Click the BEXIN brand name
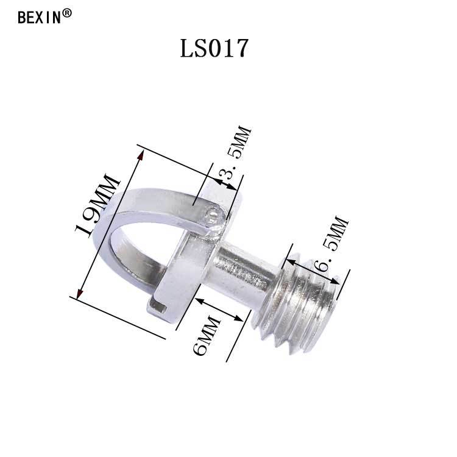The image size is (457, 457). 40,16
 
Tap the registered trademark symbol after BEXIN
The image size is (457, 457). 67,13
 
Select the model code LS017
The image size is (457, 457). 214,49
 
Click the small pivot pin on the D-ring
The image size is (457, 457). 211,214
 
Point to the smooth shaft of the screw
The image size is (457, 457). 247,268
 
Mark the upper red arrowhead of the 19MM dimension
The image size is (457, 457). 142,157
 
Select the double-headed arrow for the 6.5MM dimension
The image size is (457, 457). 314,272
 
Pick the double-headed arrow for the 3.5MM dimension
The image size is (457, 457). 225,184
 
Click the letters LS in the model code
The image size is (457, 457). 194,49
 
